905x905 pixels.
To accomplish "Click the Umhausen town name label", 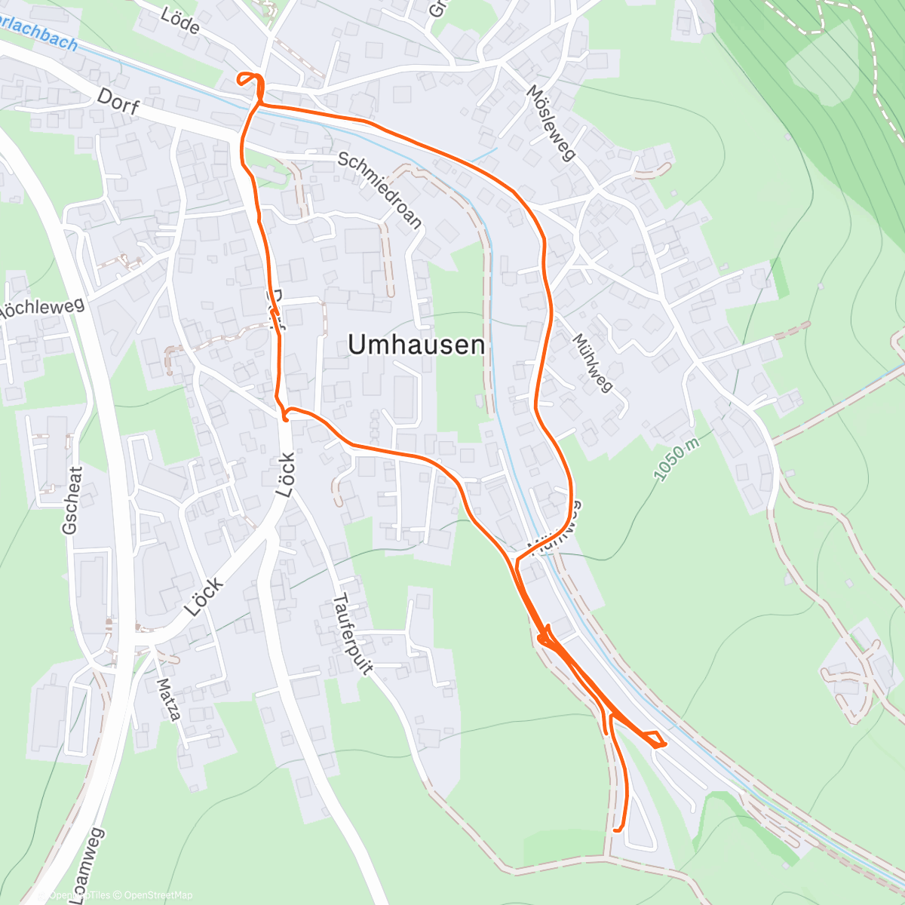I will click(416, 345).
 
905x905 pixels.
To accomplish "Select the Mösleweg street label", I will click(551, 123).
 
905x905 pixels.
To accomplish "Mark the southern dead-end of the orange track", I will click(617, 830).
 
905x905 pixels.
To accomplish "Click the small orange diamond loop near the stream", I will click(655, 739).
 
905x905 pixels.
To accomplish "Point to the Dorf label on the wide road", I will click(118, 102).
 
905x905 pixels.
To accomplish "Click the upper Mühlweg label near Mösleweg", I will click(592, 363).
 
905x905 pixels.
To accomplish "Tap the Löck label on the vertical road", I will click(285, 474).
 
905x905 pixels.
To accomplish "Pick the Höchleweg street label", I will click(41, 308).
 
